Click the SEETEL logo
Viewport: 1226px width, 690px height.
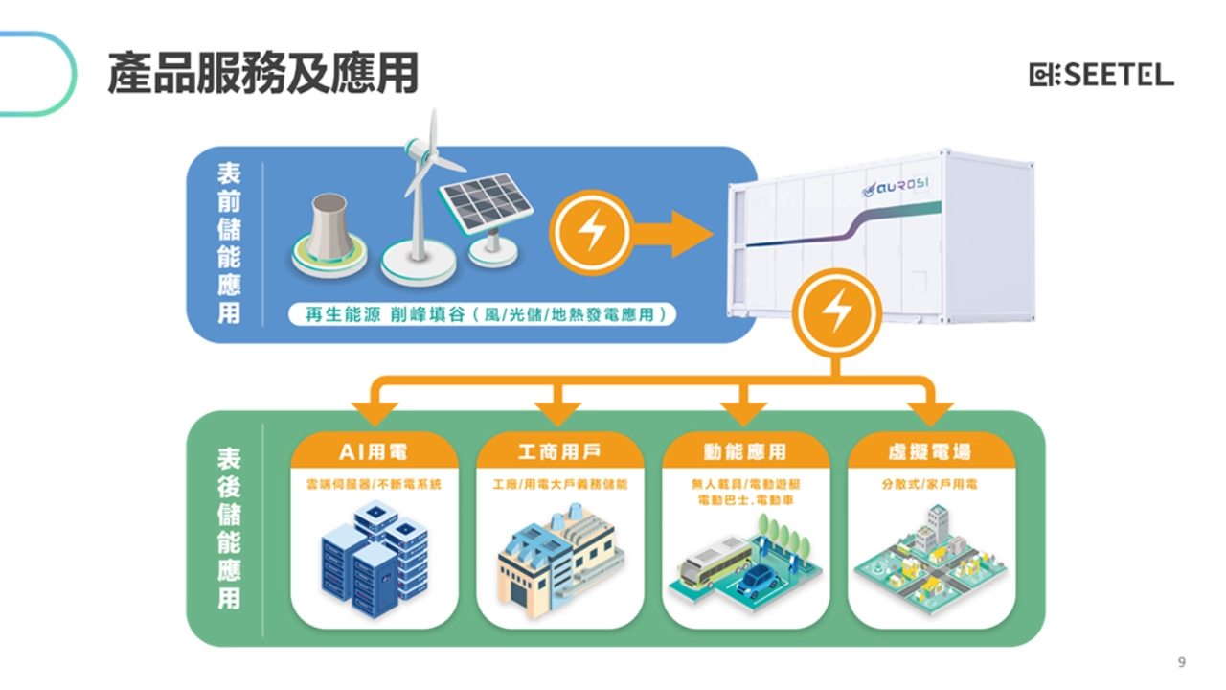(x=1101, y=75)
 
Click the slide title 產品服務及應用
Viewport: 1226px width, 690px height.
(x=262, y=74)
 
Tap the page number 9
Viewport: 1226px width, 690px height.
(x=1181, y=662)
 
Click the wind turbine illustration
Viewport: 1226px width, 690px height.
(x=420, y=206)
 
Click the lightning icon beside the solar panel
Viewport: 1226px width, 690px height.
(x=590, y=233)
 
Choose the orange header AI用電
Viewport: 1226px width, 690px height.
(x=373, y=451)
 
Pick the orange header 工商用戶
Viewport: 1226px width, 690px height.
(x=558, y=451)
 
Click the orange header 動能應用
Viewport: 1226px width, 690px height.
(x=744, y=451)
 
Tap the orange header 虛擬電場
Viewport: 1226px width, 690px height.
(x=930, y=451)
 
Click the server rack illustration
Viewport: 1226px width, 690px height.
(x=373, y=561)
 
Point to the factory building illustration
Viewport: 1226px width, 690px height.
(x=558, y=565)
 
